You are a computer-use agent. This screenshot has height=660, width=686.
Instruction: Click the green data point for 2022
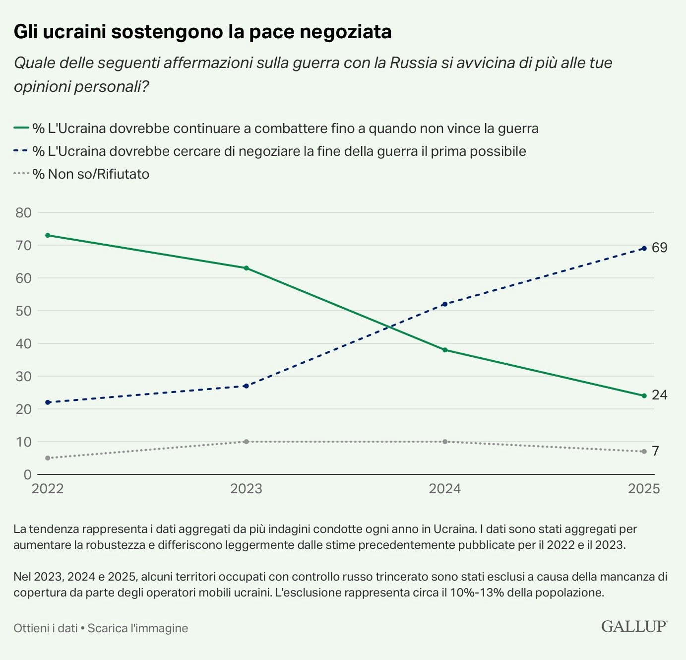pos(48,235)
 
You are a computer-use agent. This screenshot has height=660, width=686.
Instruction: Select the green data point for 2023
pos(247,268)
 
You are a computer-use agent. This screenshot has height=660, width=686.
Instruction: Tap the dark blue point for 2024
pos(445,304)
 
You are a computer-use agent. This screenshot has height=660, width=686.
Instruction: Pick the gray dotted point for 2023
pos(247,442)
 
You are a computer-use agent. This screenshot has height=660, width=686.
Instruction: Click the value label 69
pos(659,248)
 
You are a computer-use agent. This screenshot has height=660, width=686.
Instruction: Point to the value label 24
pos(659,395)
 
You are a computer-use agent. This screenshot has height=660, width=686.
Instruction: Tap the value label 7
pos(655,451)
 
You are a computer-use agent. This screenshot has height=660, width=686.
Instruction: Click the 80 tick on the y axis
pos(24,213)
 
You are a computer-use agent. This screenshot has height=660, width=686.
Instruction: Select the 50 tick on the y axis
pos(24,311)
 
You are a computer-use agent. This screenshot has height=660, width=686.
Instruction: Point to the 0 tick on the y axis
pos(27,475)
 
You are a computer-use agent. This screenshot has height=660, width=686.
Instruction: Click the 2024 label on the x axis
pos(445,489)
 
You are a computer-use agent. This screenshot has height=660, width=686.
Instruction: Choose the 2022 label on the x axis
pos(48,489)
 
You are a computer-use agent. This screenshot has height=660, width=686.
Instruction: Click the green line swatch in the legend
pos(21,128)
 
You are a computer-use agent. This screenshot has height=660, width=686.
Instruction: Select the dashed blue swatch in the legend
pos(21,151)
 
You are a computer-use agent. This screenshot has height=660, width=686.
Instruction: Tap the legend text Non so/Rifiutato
pos(98,174)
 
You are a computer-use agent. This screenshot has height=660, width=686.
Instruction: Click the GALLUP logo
pos(634,626)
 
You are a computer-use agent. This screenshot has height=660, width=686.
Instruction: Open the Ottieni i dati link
pos(46,628)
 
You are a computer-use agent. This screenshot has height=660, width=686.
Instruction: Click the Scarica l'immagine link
pos(138,628)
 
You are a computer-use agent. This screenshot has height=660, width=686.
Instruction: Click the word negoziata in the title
pos(346,32)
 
